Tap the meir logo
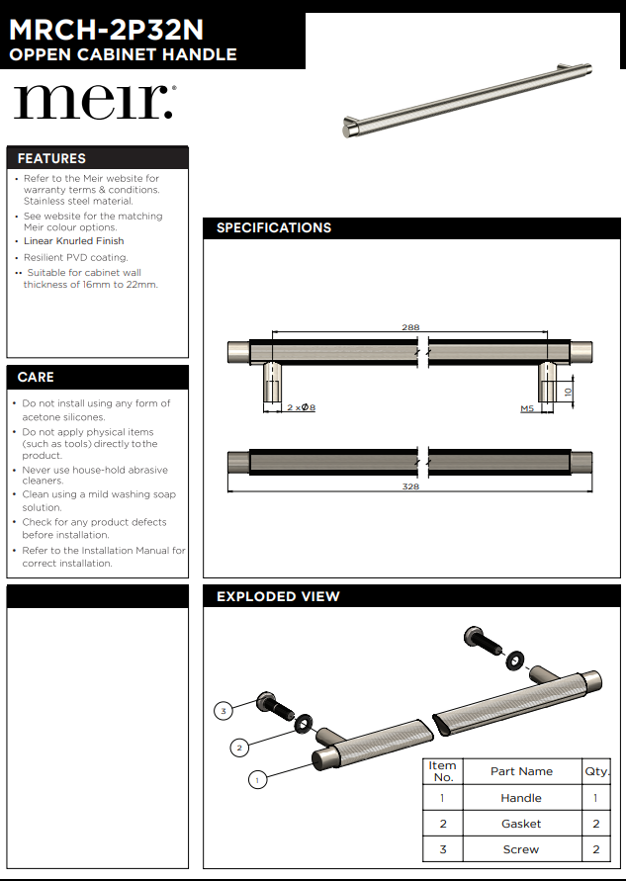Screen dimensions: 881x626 [94, 102]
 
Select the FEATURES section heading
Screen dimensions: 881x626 [51, 158]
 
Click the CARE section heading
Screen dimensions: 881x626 [36, 377]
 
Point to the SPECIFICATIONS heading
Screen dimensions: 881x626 [274, 227]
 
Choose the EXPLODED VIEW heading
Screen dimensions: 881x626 [278, 596]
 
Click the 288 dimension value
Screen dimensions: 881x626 [410, 327]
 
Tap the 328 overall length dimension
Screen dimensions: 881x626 [410, 486]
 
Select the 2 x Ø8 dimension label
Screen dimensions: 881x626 [301, 407]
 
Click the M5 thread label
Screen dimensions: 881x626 [527, 407]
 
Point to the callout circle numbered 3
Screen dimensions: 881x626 [224, 710]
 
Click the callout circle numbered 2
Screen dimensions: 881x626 [238, 747]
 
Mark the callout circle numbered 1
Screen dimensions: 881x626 [256, 780]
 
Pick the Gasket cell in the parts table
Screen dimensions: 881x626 [521, 824]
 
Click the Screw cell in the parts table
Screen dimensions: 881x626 [521, 849]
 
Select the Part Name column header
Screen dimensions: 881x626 [521, 771]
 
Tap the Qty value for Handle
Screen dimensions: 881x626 [595, 798]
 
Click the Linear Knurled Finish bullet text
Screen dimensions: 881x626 [74, 240]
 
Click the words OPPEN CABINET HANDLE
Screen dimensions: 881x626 [123, 54]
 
